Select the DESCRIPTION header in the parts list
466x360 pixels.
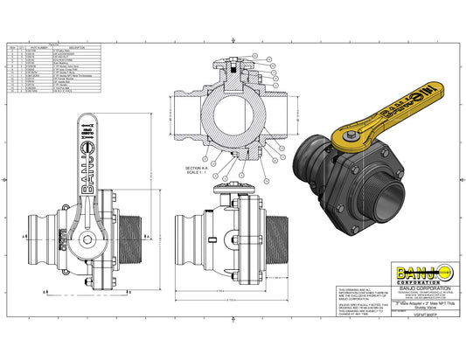76,46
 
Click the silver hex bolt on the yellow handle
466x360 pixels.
347,136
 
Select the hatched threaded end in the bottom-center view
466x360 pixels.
275,240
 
